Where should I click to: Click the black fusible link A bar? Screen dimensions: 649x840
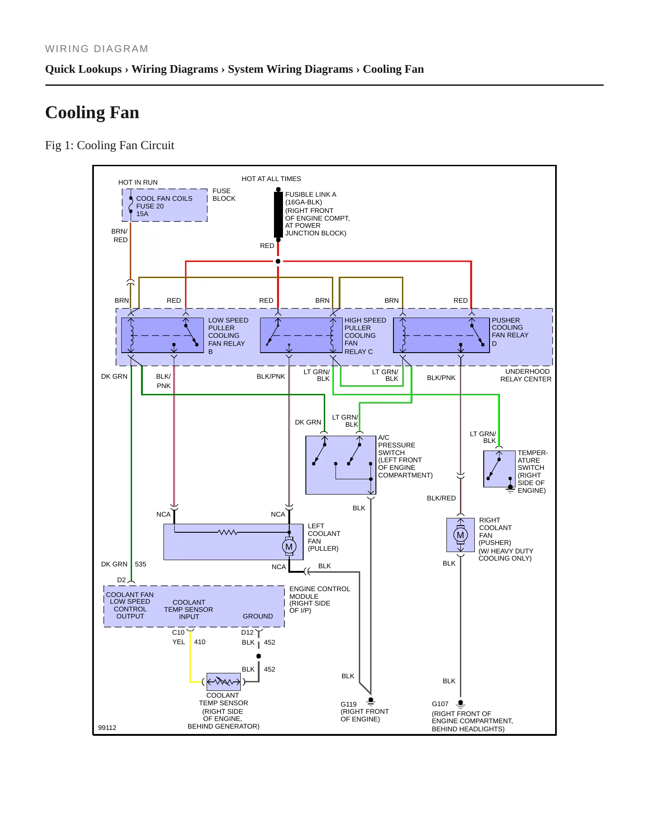[x=278, y=214]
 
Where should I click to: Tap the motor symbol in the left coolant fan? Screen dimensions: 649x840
[x=289, y=546]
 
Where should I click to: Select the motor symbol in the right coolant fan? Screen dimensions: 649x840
[x=460, y=535]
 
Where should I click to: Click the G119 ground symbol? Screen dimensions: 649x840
[x=371, y=702]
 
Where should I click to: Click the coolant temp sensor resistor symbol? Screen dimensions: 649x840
[x=224, y=682]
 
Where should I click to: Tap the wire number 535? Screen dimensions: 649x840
[x=141, y=564]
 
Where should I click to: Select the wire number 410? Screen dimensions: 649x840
[x=200, y=642]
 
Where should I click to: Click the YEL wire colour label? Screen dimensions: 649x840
[x=179, y=642]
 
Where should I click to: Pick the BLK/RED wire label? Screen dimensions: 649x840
[x=441, y=498]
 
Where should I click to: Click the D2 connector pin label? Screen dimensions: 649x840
[x=121, y=580]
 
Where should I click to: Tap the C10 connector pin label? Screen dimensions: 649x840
[x=178, y=632]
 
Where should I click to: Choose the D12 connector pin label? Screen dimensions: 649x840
[x=247, y=632]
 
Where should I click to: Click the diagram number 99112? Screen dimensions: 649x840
[x=107, y=728]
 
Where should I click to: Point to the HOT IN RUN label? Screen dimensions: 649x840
[x=138, y=182]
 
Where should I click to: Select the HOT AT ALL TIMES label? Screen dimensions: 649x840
[x=271, y=179]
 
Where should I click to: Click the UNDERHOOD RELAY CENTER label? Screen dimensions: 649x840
[x=526, y=375]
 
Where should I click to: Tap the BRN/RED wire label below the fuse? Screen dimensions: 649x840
[x=120, y=235]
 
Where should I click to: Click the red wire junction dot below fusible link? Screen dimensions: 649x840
[x=278, y=261]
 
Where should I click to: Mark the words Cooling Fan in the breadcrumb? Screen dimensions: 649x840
[x=393, y=69]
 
